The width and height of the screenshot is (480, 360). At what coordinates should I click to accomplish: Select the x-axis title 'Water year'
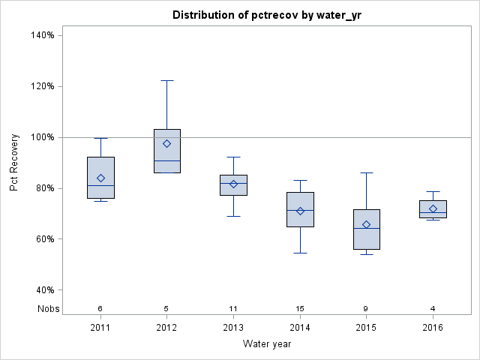(x=267, y=344)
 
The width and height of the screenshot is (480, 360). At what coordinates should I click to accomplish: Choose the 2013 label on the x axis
(x=233, y=328)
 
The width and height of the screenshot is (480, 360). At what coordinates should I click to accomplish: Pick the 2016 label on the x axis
(x=433, y=328)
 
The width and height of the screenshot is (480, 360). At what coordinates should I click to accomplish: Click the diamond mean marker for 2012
(x=167, y=143)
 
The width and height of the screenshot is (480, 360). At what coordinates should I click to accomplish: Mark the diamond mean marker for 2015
(x=367, y=224)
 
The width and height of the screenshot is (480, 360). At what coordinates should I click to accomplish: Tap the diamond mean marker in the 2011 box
(x=100, y=178)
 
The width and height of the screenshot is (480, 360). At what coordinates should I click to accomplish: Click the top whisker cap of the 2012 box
(x=167, y=80)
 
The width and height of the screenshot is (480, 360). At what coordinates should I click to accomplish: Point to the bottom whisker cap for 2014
(x=300, y=253)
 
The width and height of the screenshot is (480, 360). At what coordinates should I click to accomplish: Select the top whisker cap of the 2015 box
(x=367, y=172)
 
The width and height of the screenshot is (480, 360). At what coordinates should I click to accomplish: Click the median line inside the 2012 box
(x=167, y=160)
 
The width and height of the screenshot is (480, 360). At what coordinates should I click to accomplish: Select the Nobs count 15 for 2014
(x=300, y=308)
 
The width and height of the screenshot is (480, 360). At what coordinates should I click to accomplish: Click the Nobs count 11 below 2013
(x=233, y=308)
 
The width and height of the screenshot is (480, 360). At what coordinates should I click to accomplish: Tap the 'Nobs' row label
(x=49, y=308)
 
